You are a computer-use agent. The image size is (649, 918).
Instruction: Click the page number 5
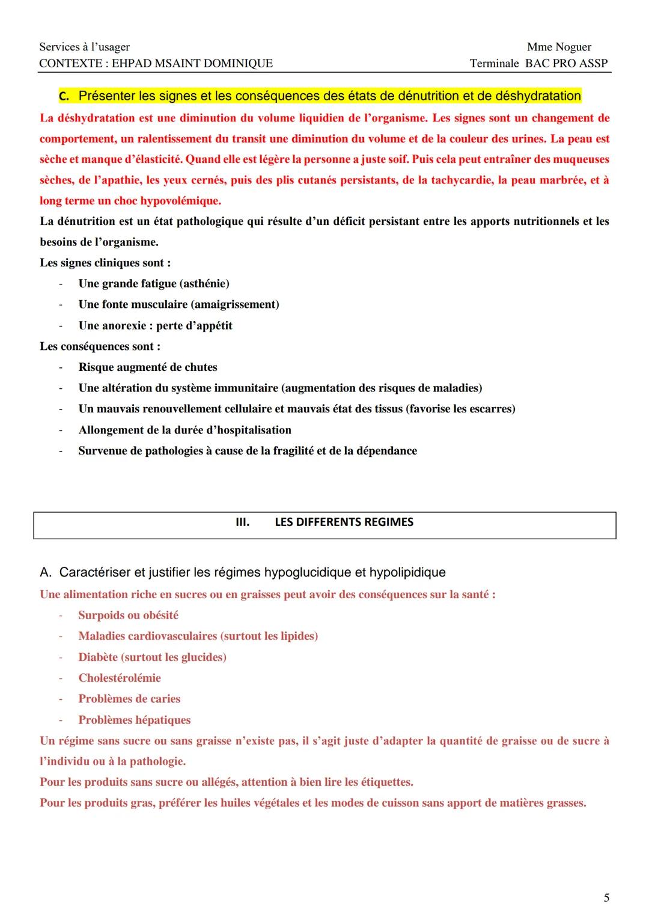tap(606, 898)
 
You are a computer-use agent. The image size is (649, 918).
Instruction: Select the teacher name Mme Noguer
tap(559, 47)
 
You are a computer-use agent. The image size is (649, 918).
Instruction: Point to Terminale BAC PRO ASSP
tap(538, 63)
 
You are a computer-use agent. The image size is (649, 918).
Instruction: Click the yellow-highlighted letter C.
tap(64, 96)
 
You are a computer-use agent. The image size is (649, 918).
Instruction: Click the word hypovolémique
tap(180, 201)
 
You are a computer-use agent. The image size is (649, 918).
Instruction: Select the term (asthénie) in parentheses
tap(205, 283)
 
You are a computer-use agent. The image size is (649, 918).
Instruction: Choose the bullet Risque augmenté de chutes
tap(148, 367)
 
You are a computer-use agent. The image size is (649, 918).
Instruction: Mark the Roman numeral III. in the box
tap(242, 522)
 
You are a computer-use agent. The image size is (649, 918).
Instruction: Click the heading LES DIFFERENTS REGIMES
tap(344, 522)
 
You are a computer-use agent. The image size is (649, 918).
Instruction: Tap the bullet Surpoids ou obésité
tap(128, 615)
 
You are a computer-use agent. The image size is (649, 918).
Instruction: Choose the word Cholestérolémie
tap(120, 678)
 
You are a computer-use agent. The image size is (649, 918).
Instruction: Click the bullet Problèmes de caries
tap(129, 699)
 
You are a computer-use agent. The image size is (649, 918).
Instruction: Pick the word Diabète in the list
tap(98, 657)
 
